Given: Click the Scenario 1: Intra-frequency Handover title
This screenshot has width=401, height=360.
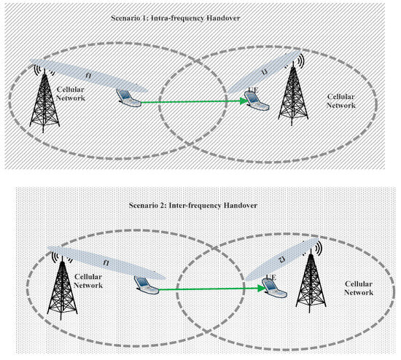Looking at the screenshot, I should coord(198,15).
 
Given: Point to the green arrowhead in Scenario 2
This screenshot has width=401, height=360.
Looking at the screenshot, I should coord(260,289).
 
